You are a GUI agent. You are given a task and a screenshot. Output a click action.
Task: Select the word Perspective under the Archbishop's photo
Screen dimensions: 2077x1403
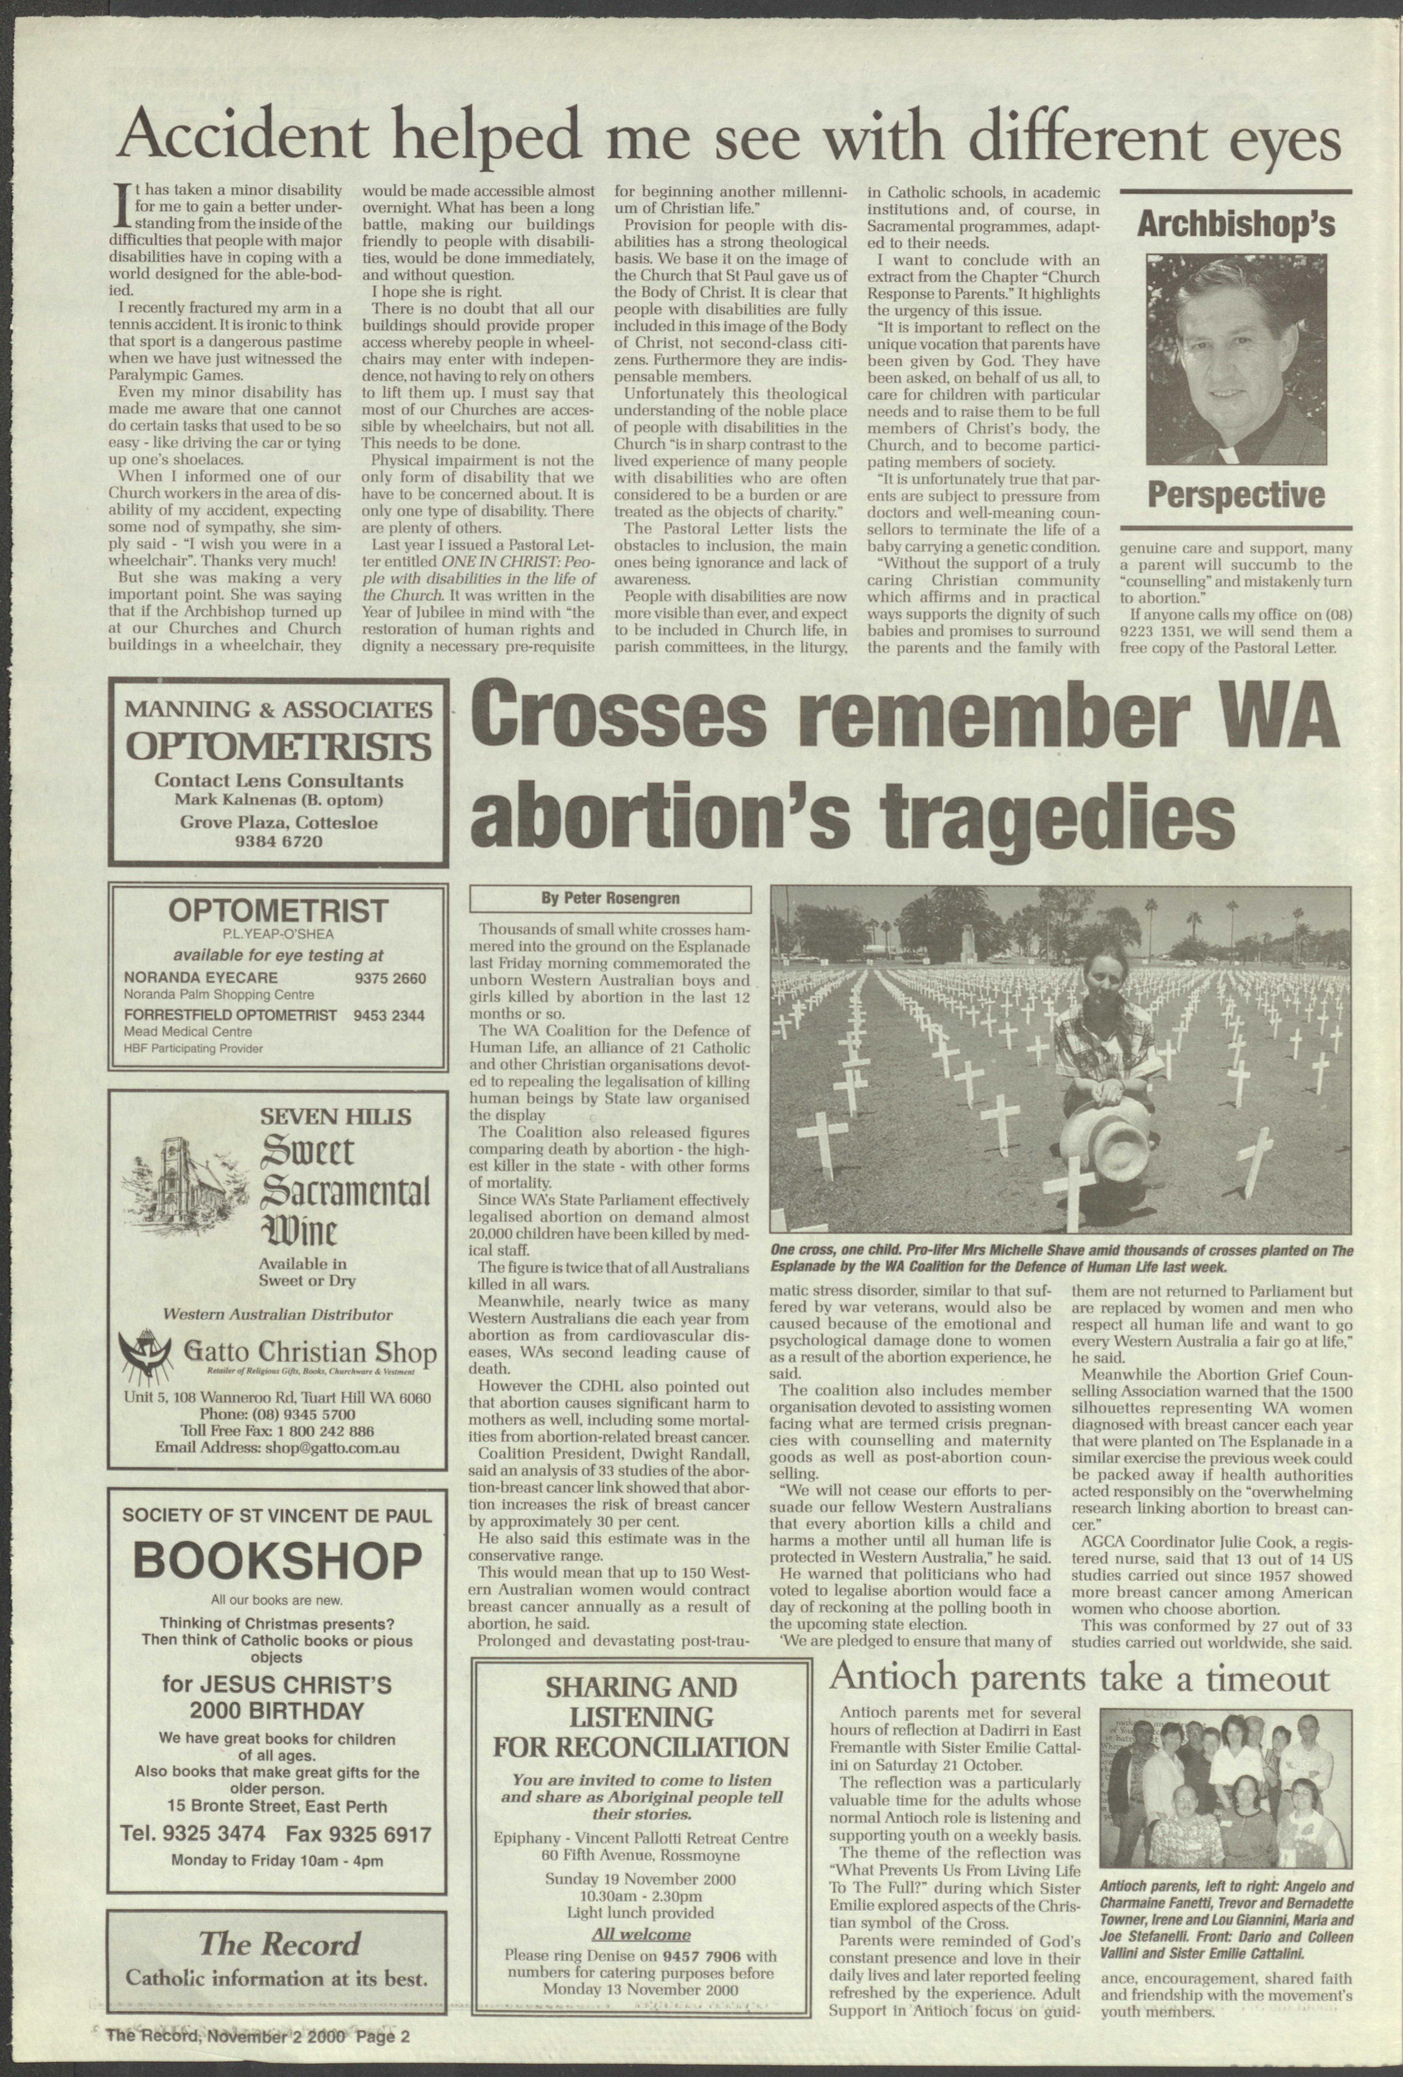pos(1235,494)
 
